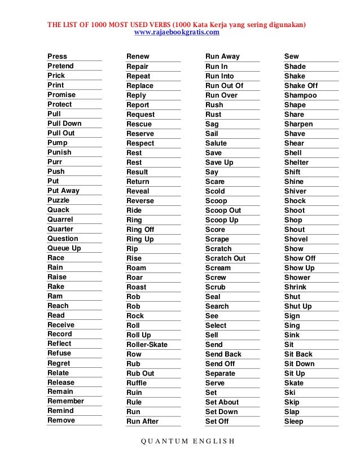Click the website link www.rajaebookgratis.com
coord(177,33)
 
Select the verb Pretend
coord(60,66)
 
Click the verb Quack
coord(59,210)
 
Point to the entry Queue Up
coord(64,248)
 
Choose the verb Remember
coord(65,401)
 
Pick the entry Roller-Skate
coord(147,345)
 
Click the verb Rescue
coord(139,124)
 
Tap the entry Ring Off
coord(140,230)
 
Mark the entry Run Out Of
coord(224,86)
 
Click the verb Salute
coord(216,143)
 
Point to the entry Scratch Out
coord(225,258)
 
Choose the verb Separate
coord(220,373)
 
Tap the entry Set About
coord(222,402)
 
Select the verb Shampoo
coord(300,95)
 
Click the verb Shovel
coord(296,239)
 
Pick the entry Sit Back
coord(298,354)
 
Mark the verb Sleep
coord(293,421)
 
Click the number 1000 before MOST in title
coord(96,25)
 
